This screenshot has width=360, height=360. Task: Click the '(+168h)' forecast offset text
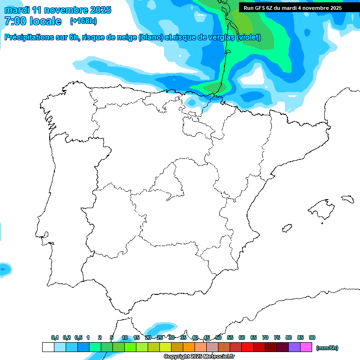click(83, 21)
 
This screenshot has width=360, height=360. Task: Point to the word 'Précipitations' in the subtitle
click(28, 37)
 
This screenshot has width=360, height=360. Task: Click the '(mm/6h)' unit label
click(327, 348)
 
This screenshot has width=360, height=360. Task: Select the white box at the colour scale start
click(48, 347)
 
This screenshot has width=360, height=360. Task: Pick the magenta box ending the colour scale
click(306, 347)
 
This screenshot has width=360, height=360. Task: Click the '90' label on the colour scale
click(312, 337)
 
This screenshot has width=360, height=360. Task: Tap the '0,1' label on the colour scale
click(55, 337)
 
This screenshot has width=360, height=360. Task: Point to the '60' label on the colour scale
click(242, 337)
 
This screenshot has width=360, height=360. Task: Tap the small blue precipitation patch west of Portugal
click(4, 270)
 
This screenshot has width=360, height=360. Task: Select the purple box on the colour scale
click(294, 347)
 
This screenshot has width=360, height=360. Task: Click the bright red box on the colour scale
click(247, 347)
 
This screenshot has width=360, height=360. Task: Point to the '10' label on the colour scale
click(125, 337)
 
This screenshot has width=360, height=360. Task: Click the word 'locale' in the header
click(45, 21)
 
